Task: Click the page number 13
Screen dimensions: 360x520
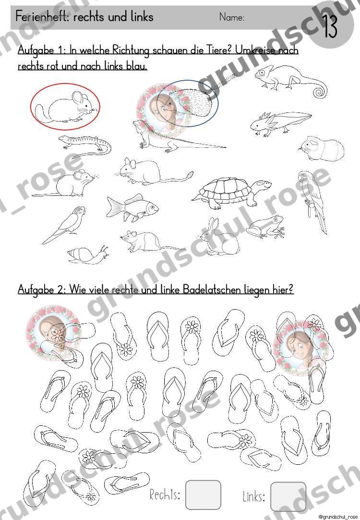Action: (330, 26)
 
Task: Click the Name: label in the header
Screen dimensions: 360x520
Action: (232, 17)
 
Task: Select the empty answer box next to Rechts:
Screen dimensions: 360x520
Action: (203, 495)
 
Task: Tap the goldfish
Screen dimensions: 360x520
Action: (132, 207)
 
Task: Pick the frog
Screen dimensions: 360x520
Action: (265, 227)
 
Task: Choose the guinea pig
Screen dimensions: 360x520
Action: (322, 148)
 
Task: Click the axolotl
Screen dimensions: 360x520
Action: (280, 123)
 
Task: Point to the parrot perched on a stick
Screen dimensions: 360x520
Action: (312, 201)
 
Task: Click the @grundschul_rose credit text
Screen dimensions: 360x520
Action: (338, 517)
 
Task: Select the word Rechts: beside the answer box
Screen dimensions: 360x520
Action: (165, 495)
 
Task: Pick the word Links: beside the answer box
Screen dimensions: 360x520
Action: (253, 497)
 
